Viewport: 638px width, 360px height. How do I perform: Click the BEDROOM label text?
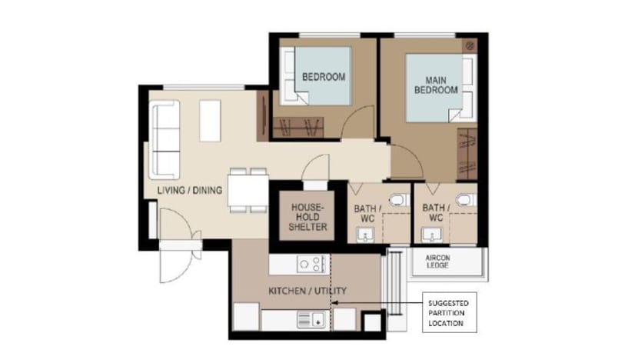(x=324, y=77)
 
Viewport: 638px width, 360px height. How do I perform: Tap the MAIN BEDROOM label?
(x=436, y=85)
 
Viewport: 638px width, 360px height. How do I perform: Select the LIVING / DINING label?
(x=190, y=190)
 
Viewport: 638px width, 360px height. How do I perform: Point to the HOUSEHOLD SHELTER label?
(x=307, y=217)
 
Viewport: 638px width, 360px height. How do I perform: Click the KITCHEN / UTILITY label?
(x=307, y=291)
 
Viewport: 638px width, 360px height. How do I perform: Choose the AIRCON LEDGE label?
(x=437, y=262)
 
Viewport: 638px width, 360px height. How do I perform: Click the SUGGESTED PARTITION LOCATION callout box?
(x=449, y=312)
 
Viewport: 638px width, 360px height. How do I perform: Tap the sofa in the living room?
(x=164, y=140)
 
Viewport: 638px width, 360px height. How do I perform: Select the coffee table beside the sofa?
(x=210, y=121)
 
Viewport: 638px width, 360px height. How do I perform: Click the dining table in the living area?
(x=248, y=190)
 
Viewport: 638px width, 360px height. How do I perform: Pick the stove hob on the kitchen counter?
(x=311, y=265)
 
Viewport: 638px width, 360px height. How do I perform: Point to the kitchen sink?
(x=311, y=319)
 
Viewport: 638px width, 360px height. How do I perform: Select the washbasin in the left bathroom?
(x=365, y=235)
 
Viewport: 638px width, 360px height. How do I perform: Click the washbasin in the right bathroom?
(x=431, y=235)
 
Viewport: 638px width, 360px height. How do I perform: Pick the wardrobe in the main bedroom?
(x=467, y=154)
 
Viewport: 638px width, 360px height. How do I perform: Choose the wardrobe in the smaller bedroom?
(x=298, y=128)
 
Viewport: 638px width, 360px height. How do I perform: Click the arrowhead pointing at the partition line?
(x=334, y=302)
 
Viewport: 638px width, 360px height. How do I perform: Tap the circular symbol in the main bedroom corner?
(x=470, y=45)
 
